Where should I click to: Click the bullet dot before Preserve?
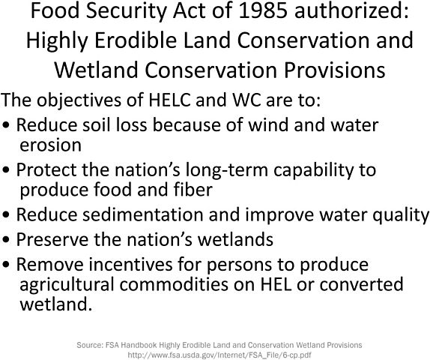(x=7, y=241)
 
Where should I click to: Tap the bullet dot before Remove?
(x=7, y=265)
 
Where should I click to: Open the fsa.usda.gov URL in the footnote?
(x=219, y=354)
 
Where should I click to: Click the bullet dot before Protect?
(x=7, y=170)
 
